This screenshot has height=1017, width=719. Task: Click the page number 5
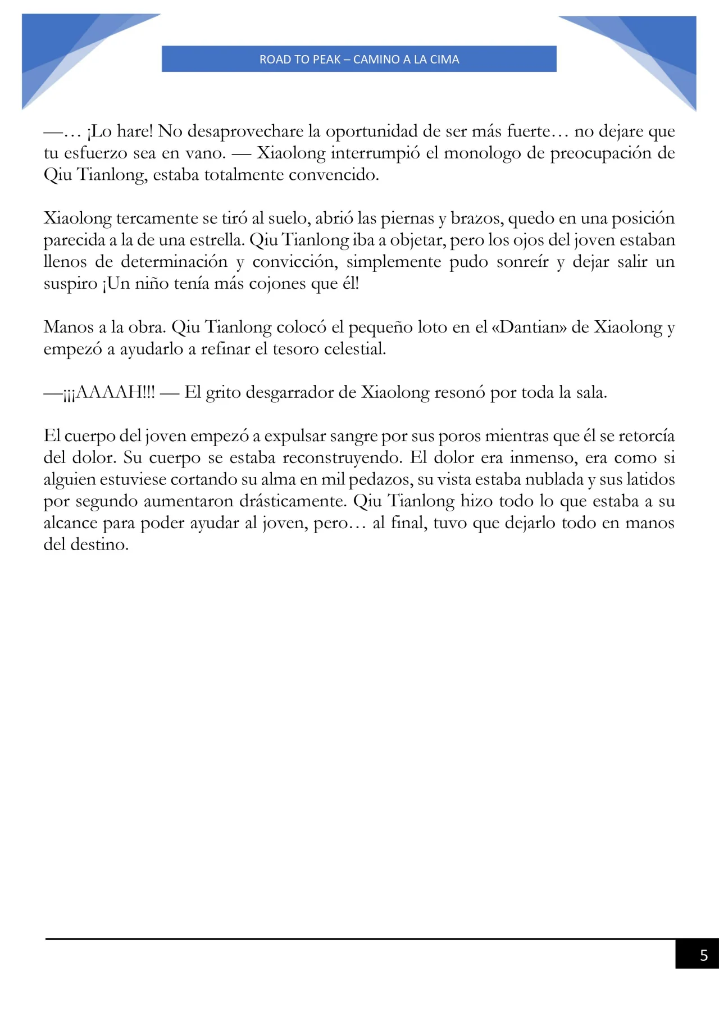pyautogui.click(x=703, y=955)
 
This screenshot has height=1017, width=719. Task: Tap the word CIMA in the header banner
pyautogui.click(x=444, y=60)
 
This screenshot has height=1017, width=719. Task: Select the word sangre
pyautogui.click(x=353, y=436)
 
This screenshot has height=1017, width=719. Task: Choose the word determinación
pyautogui.click(x=174, y=262)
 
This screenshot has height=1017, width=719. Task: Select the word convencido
pyautogui.click(x=334, y=175)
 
